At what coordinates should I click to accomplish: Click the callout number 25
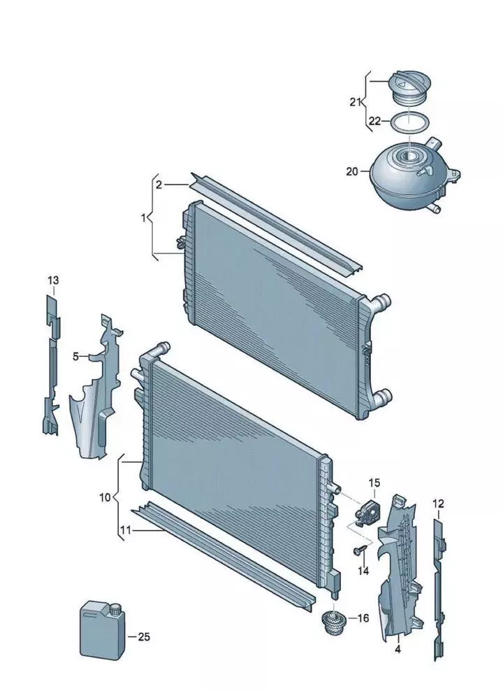(144, 636)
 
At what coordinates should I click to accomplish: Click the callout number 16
(363, 618)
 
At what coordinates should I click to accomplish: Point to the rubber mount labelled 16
(333, 621)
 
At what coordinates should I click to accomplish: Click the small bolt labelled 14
(360, 550)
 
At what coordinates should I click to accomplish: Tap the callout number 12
(438, 504)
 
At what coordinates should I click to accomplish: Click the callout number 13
(53, 280)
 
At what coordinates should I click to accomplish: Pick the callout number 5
(75, 356)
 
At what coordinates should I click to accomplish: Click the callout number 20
(352, 171)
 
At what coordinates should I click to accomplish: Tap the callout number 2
(159, 185)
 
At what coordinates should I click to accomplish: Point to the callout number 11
(126, 530)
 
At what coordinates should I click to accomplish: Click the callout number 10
(105, 497)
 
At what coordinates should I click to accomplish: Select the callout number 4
(398, 649)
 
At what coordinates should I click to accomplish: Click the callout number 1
(143, 218)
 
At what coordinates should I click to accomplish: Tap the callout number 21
(356, 102)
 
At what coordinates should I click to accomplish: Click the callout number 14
(363, 571)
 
